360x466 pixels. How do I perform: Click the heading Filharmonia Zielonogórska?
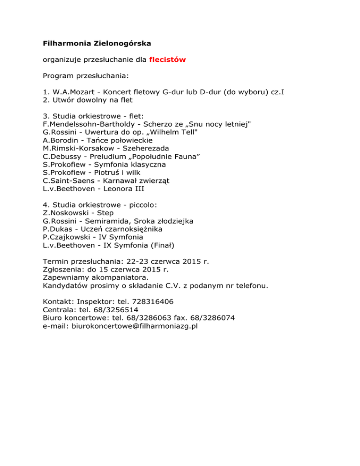pos(97,44)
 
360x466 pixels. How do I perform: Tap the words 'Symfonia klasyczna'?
pos(130,165)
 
